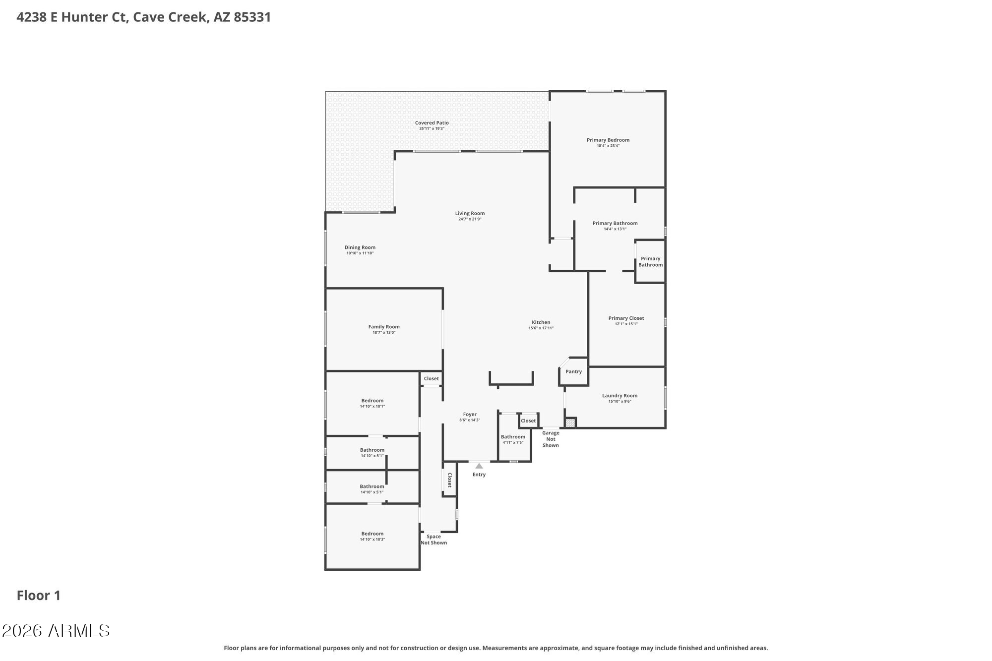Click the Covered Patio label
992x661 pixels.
tap(432, 123)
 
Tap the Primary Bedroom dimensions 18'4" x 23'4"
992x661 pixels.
tap(608, 146)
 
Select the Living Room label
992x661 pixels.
tap(470, 213)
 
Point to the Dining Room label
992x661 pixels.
tap(360, 247)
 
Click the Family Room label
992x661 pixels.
tap(384, 327)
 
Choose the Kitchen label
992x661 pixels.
tap(541, 322)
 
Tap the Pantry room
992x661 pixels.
tap(573, 371)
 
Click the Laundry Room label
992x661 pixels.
tap(620, 396)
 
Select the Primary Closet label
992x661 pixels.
tap(626, 318)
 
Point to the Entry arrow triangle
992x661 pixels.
tap(479, 466)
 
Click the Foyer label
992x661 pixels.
tap(470, 415)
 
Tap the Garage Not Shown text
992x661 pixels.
tap(551, 439)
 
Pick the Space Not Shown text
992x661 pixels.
tap(434, 540)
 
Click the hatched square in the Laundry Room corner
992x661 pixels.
tap(570, 423)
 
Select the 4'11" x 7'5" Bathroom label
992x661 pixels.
tap(513, 437)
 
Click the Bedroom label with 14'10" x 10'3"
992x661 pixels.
tap(372, 534)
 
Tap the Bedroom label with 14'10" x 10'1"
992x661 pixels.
tap(372, 401)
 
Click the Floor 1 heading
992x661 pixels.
tap(39, 596)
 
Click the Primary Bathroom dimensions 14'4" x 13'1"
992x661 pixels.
tap(615, 229)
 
